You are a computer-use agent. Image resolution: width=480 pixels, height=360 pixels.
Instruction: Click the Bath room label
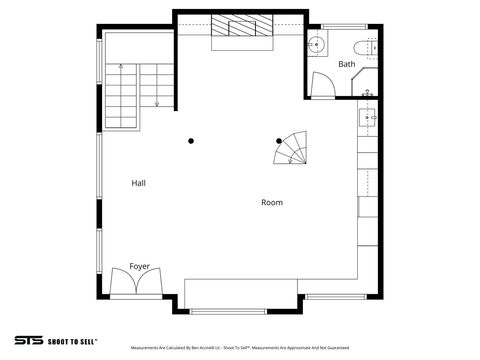(346, 64)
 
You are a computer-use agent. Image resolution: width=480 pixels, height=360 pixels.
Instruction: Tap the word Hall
(140, 183)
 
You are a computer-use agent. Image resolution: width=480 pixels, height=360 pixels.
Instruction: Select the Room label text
(271, 202)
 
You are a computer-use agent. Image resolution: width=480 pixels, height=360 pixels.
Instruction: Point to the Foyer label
(139, 267)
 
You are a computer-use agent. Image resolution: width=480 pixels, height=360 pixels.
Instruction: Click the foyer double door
(137, 284)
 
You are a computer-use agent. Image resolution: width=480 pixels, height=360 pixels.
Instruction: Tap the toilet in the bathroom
(364, 46)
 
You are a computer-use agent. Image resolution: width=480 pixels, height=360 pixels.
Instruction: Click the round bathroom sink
(315, 44)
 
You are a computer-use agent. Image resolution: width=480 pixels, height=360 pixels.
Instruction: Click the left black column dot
(191, 141)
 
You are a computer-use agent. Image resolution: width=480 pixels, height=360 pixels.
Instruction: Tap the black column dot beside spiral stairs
(279, 141)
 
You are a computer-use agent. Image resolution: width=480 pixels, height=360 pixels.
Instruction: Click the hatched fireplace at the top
(240, 28)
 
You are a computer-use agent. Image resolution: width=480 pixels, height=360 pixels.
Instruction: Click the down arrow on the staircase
(157, 95)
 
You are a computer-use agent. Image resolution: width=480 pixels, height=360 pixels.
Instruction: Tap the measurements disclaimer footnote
(239, 348)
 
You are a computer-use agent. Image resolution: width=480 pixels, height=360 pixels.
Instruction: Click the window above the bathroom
(340, 25)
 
